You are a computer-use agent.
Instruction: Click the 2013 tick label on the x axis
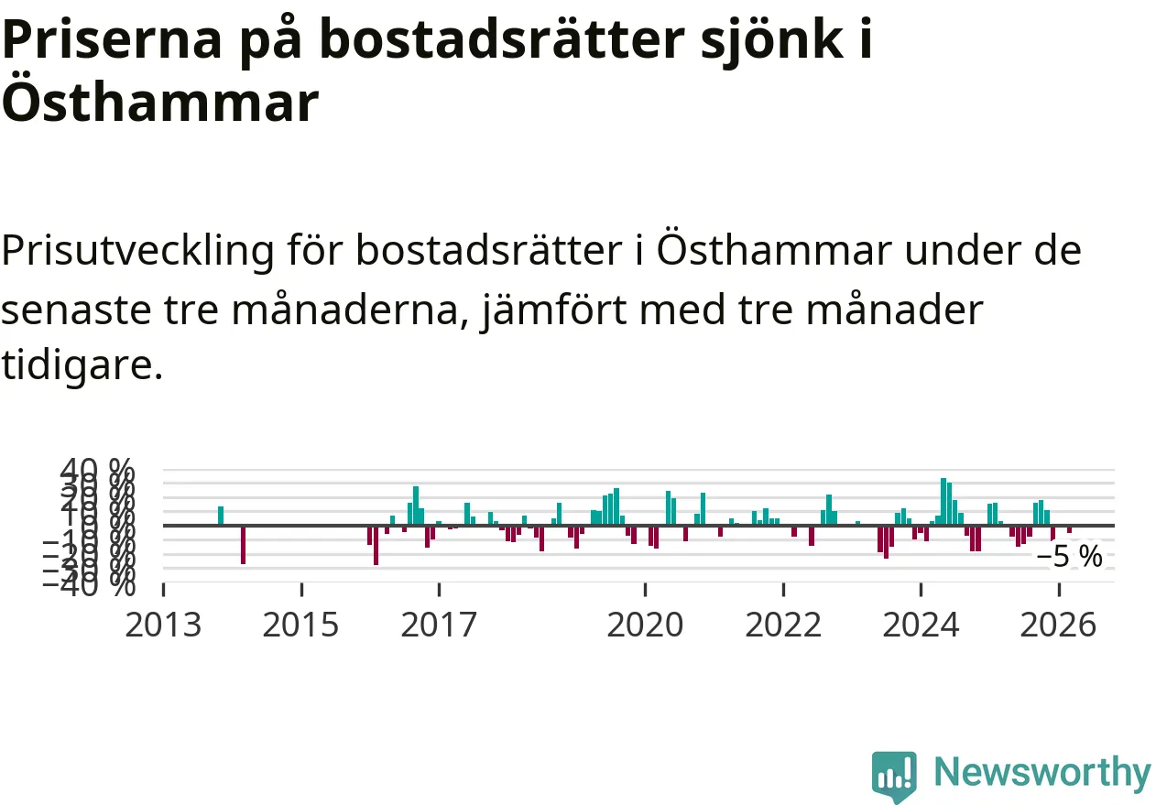[x=163, y=626]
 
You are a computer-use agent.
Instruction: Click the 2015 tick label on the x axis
[x=300, y=626]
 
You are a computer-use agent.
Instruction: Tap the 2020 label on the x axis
[x=645, y=626]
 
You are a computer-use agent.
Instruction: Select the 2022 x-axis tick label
[x=783, y=626]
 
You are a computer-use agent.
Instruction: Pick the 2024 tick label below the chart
[x=921, y=626]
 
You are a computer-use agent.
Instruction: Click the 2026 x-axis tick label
[x=1058, y=626]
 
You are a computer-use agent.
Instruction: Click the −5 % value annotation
[x=1069, y=556]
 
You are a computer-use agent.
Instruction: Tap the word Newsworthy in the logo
[x=1041, y=773]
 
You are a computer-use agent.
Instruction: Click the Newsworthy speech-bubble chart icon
[x=894, y=776]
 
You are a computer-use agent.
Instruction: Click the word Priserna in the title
[x=110, y=41]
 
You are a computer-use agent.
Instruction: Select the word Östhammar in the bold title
[x=159, y=103]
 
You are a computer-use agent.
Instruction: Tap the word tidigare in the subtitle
[x=81, y=365]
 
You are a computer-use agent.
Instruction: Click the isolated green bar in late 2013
[x=221, y=516]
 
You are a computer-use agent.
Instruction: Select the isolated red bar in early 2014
[x=243, y=544]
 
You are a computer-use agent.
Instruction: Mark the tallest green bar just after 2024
[x=943, y=502]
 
